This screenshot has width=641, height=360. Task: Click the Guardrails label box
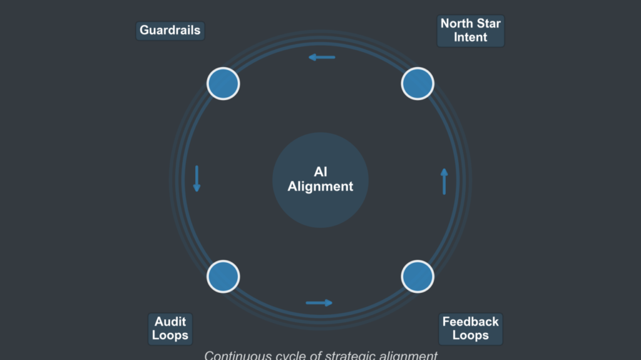(170, 31)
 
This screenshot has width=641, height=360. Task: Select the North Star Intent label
(471, 31)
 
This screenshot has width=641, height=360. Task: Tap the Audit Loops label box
(170, 329)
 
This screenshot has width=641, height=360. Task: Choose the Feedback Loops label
(471, 329)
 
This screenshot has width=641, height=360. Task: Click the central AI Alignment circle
(320, 180)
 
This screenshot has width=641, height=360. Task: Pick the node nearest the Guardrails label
(223, 83)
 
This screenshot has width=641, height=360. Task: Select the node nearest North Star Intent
(418, 83)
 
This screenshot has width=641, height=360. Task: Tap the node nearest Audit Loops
(223, 276)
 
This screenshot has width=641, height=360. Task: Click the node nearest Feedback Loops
(418, 276)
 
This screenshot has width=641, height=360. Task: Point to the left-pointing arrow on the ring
(322, 58)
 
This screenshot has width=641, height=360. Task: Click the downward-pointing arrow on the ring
(197, 178)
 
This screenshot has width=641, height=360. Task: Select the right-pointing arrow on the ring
(319, 303)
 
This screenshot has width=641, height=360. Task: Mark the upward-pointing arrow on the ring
(444, 181)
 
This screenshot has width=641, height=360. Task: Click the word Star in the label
(488, 24)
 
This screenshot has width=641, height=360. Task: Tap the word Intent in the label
(471, 38)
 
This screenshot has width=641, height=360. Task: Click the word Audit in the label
(170, 322)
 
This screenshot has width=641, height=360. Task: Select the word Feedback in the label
(471, 322)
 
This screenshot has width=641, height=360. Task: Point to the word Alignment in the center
(320, 187)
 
